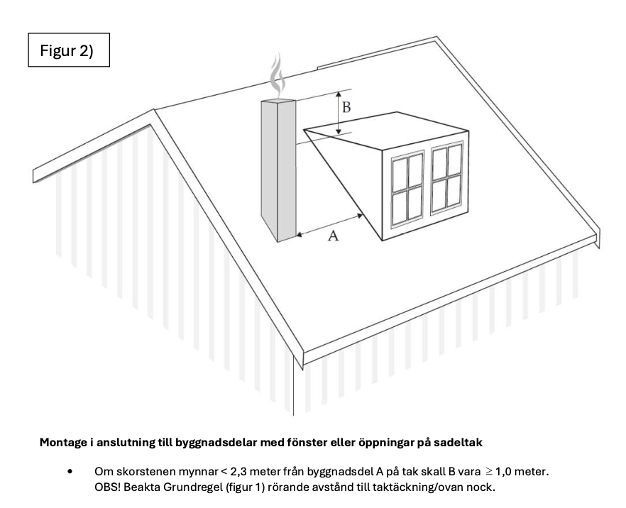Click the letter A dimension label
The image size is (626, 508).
tap(332, 237)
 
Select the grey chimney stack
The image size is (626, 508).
tap(278, 170)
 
